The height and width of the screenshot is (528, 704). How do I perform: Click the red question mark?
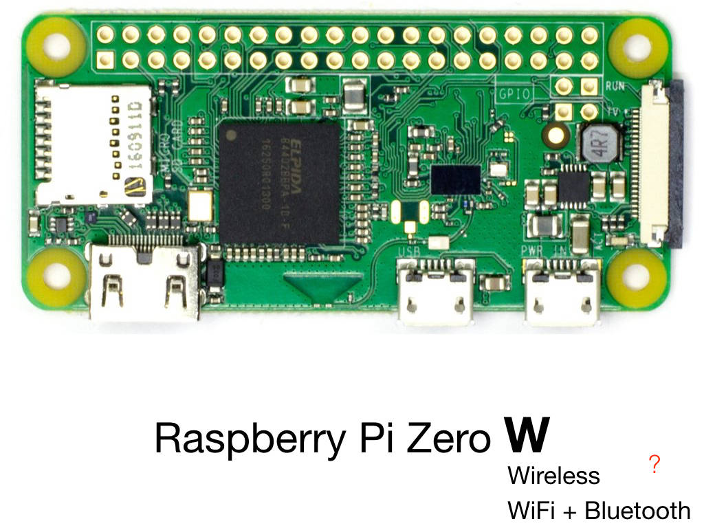tap(654, 465)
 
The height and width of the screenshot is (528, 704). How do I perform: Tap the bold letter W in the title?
tap(527, 434)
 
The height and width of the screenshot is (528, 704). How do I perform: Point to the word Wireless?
tap(553, 476)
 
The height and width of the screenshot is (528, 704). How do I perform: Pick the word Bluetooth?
tap(637, 511)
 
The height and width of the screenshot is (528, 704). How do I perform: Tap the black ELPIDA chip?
tap(280, 183)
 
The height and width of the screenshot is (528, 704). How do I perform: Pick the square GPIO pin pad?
tap(105, 60)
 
